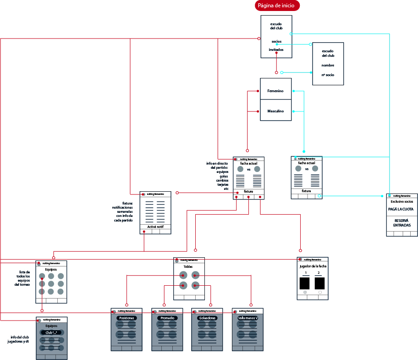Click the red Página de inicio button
pos(278,6)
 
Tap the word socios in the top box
pos(276,41)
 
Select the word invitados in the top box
pos(276,50)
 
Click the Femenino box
pos(275,91)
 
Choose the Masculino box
pos(275,111)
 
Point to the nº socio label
pos(328,74)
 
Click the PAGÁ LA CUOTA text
pos(401,209)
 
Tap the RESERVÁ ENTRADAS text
pos(401,223)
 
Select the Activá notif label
pos(155,227)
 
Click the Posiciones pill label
pos(126,318)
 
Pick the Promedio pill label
pos(167,318)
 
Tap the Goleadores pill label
pos(207,318)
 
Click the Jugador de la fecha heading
pos(313,266)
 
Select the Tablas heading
pos(188,266)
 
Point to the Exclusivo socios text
pos(401,201)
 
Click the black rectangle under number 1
pos(305,283)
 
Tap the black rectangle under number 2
pos(320,283)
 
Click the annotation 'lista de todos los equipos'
pos(22,278)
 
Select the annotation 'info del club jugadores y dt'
pos(19,339)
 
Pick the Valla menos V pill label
pos(247,318)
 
